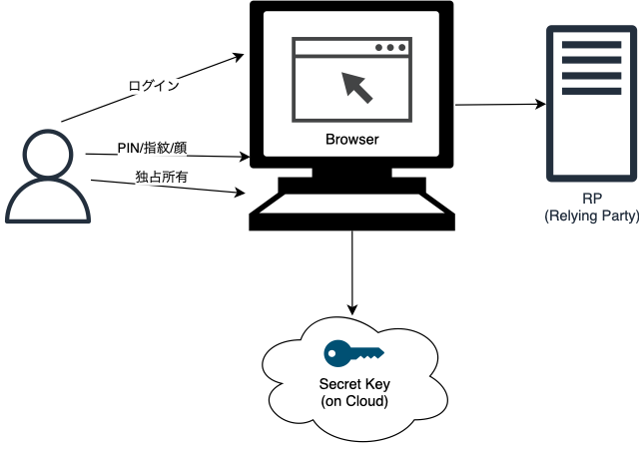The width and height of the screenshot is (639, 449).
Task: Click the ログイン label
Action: (x=154, y=85)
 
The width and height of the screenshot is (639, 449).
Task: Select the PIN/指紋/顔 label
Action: (x=151, y=149)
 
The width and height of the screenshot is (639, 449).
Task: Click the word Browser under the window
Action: (x=352, y=140)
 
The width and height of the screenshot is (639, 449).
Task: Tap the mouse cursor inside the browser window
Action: (x=357, y=88)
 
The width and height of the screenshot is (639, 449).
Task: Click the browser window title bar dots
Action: (x=390, y=48)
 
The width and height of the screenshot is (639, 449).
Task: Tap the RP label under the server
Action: (x=592, y=198)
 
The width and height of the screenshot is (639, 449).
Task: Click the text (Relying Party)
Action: (x=592, y=215)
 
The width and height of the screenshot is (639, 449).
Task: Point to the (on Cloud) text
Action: (x=353, y=400)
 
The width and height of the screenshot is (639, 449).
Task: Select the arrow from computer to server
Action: (x=499, y=104)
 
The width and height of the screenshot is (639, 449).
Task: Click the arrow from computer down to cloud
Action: (x=351, y=269)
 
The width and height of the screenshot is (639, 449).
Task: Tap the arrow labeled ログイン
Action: (x=150, y=88)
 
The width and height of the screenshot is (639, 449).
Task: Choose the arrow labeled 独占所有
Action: (x=170, y=186)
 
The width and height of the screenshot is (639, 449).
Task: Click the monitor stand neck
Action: (x=351, y=174)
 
